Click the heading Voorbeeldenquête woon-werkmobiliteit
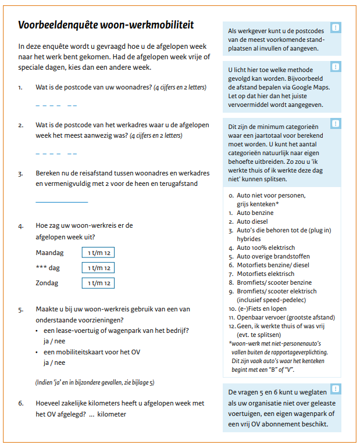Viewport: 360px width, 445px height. (106, 25)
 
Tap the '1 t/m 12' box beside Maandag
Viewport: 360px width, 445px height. (98, 253)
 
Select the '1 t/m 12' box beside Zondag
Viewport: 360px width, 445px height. (98, 283)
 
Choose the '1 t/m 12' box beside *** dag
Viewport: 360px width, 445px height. (98, 268)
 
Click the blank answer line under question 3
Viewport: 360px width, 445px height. (62, 202)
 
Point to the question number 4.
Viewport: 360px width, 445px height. (21, 225)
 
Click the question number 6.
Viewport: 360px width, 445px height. (21, 404)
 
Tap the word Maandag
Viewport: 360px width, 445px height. (49, 253)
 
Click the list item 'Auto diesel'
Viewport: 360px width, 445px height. (252, 221)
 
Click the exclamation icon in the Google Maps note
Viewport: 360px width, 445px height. (336, 67)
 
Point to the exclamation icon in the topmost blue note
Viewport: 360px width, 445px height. (336, 27)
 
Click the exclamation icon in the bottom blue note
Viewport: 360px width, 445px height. (336, 389)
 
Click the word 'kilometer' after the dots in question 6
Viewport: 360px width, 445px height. (112, 414)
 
